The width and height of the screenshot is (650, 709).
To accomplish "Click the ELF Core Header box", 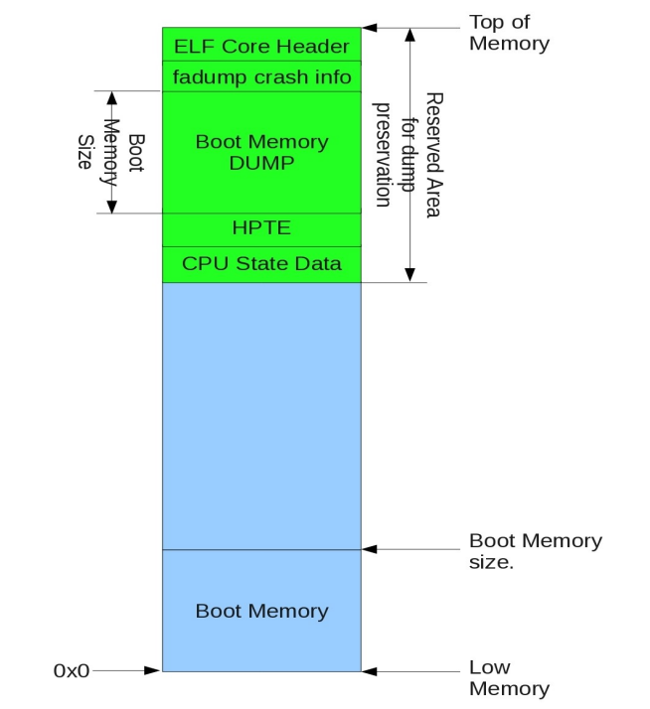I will tap(261, 46).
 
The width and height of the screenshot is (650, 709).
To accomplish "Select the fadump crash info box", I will tap(261, 76).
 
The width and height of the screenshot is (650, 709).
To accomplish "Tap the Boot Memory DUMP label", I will tap(261, 152).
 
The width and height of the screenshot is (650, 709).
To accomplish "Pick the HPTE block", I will tap(261, 229).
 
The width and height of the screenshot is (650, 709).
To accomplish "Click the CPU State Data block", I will tap(261, 263).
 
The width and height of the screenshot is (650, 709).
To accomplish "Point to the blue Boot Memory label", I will tap(261, 611).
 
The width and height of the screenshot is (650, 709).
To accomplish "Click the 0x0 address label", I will tap(71, 671).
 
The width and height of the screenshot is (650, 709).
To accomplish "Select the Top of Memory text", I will tap(508, 33).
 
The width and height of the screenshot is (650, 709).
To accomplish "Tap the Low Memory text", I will tap(508, 677).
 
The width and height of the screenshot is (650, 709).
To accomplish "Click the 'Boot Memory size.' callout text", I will tap(535, 551).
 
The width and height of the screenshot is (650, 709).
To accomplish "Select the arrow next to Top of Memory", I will tap(407, 28).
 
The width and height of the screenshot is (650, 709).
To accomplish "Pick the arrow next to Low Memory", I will tap(407, 671).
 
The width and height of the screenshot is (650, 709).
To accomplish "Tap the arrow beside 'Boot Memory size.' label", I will tap(407, 548).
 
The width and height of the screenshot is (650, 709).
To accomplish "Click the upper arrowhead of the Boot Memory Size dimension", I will tap(112, 98).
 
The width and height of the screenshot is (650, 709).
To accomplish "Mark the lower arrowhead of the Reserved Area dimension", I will tap(407, 274).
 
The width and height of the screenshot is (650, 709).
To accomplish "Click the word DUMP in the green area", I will tap(261, 163).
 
